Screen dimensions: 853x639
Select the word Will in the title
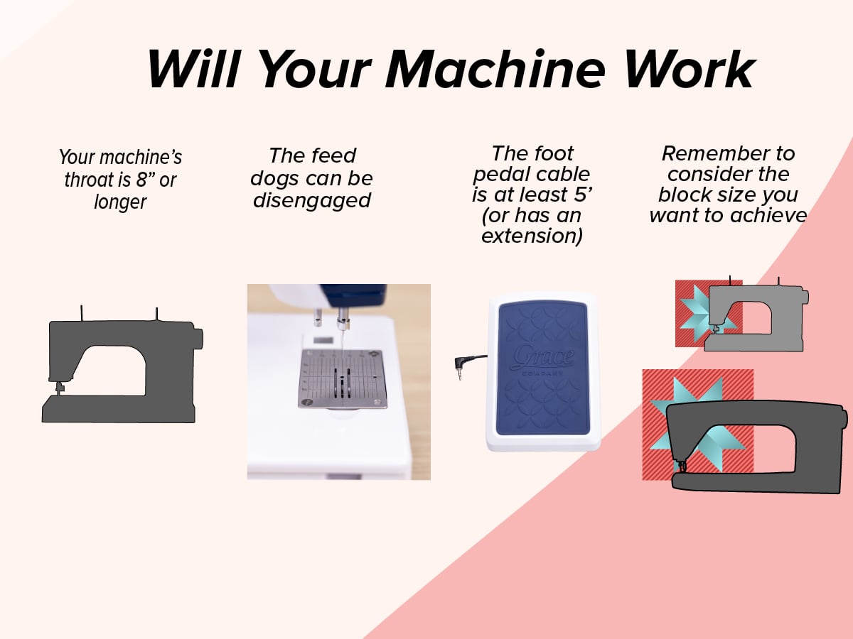coord(193,69)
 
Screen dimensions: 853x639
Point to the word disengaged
coord(311,202)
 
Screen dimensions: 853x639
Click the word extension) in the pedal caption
coord(532,236)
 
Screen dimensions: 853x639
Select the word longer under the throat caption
coord(120,202)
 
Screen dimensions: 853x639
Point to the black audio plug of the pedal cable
coord(460,367)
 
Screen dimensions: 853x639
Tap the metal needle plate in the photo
coord(343,378)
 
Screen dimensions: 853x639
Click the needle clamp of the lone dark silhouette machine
coord(60,388)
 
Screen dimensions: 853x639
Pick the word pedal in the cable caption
coord(498,175)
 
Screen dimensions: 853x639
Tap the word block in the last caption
coord(684,195)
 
